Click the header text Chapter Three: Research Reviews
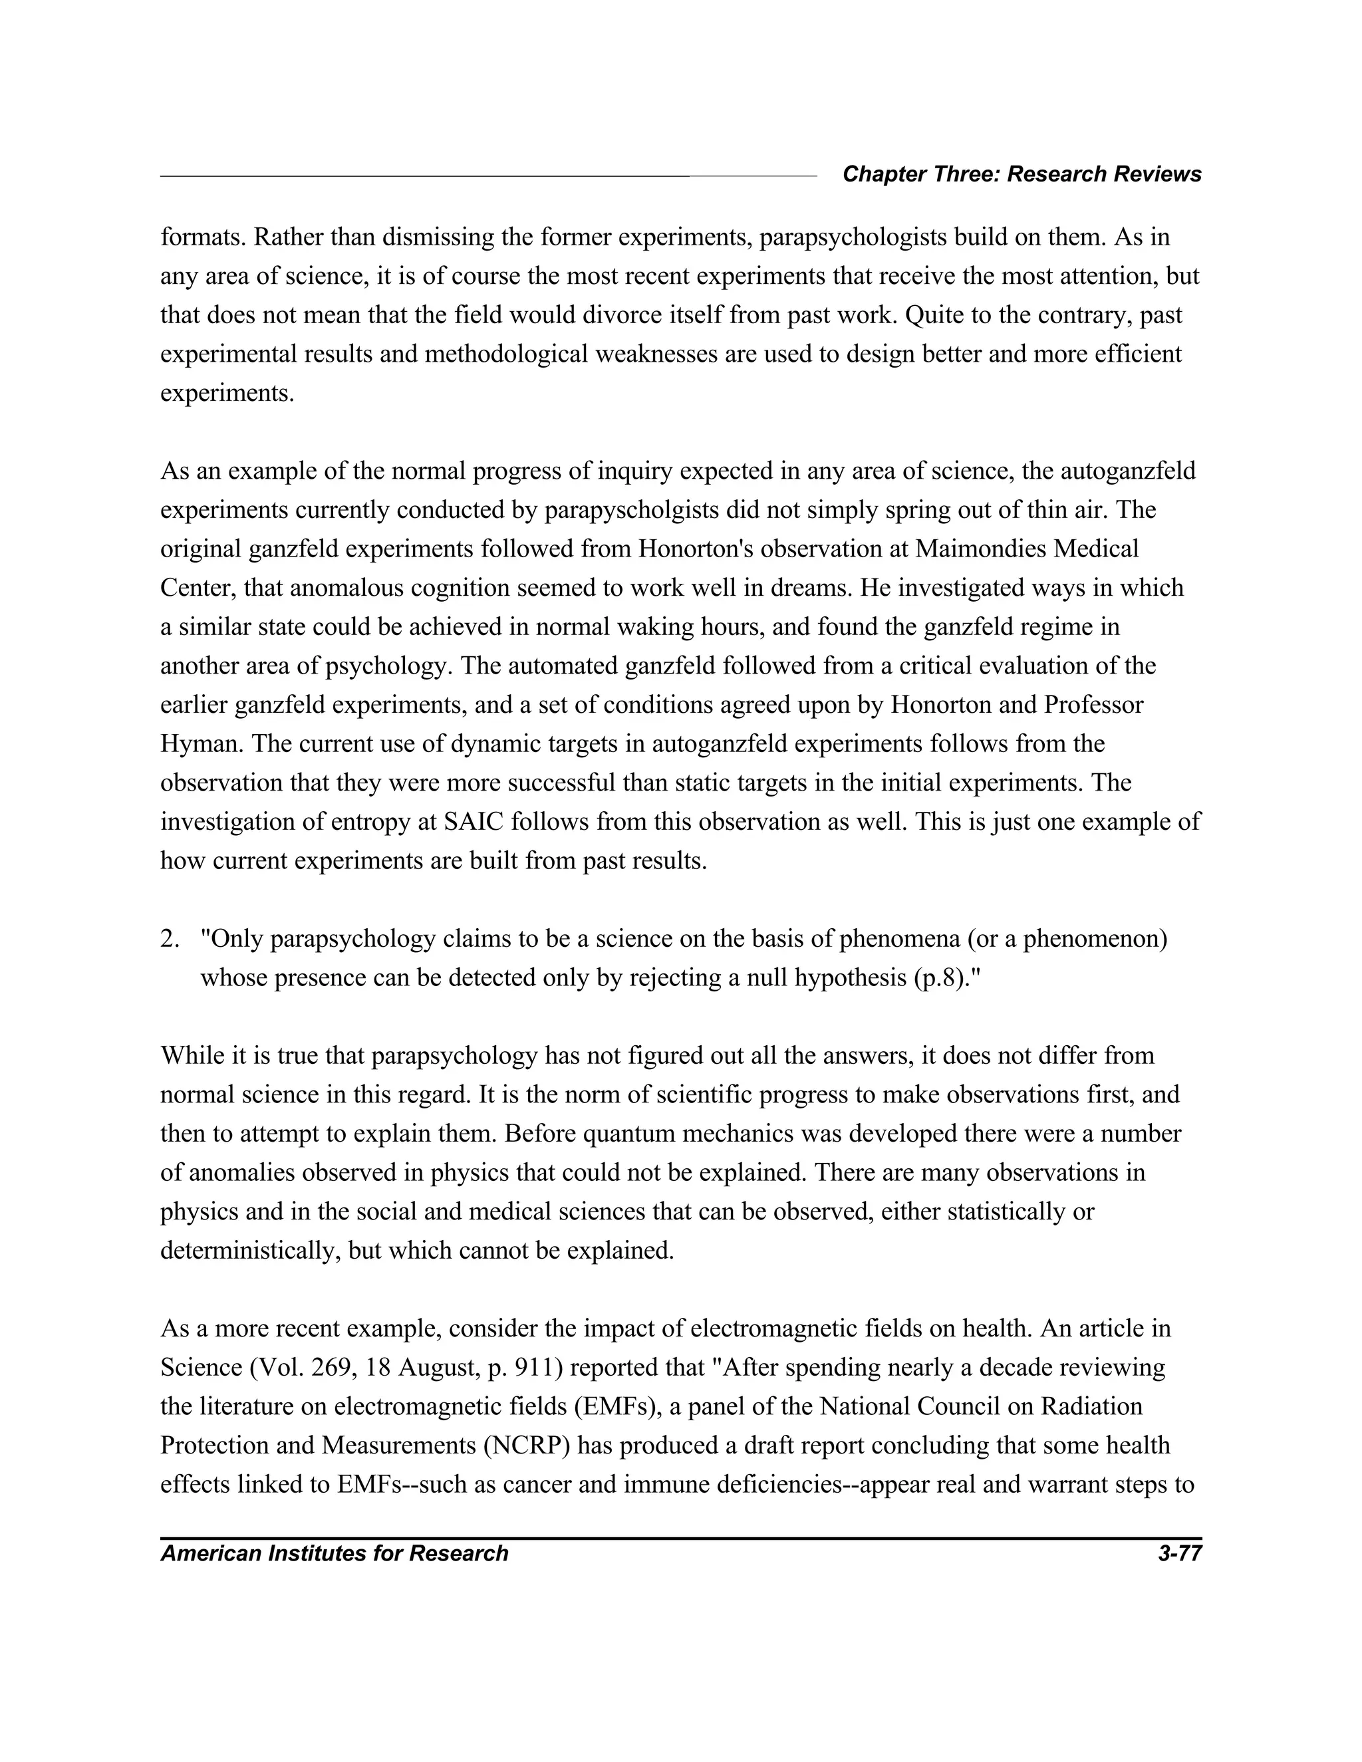[x=1021, y=174]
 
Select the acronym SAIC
[x=474, y=821]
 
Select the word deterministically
[x=251, y=1251]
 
